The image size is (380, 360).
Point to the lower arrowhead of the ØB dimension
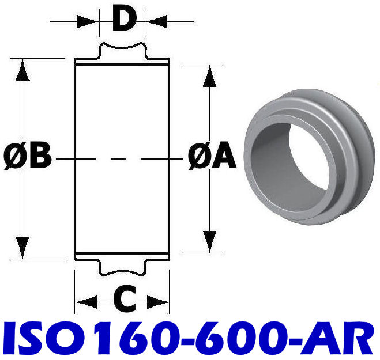(22, 248)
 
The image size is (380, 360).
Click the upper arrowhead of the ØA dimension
(210, 76)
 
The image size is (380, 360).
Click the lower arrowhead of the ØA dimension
(210, 241)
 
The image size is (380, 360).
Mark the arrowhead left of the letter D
(89, 21)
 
